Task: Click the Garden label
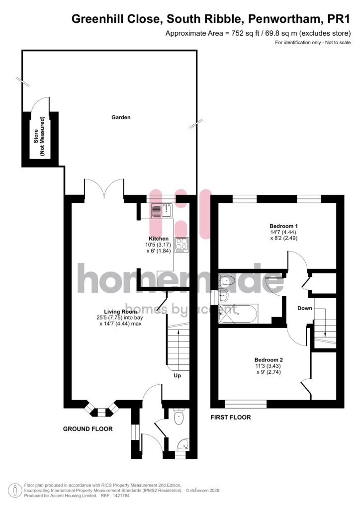tap(121, 117)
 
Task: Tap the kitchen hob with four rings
tap(182, 245)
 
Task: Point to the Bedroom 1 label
tap(284, 226)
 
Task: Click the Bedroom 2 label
tap(269, 360)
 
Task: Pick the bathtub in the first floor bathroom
tap(238, 314)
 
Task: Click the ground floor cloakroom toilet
tap(179, 416)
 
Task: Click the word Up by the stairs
tap(177, 376)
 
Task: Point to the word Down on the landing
tap(305, 308)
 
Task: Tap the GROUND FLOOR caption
tap(88, 429)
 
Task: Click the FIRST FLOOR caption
tap(231, 417)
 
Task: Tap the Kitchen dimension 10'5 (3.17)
tap(158, 245)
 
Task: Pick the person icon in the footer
tap(15, 491)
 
